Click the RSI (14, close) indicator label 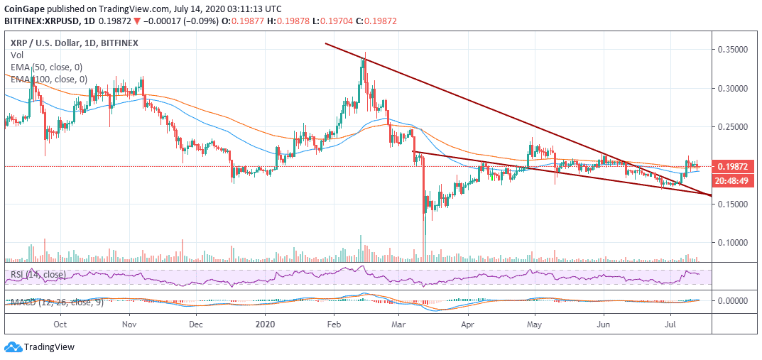point(38,274)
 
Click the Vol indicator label point(16,55)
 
